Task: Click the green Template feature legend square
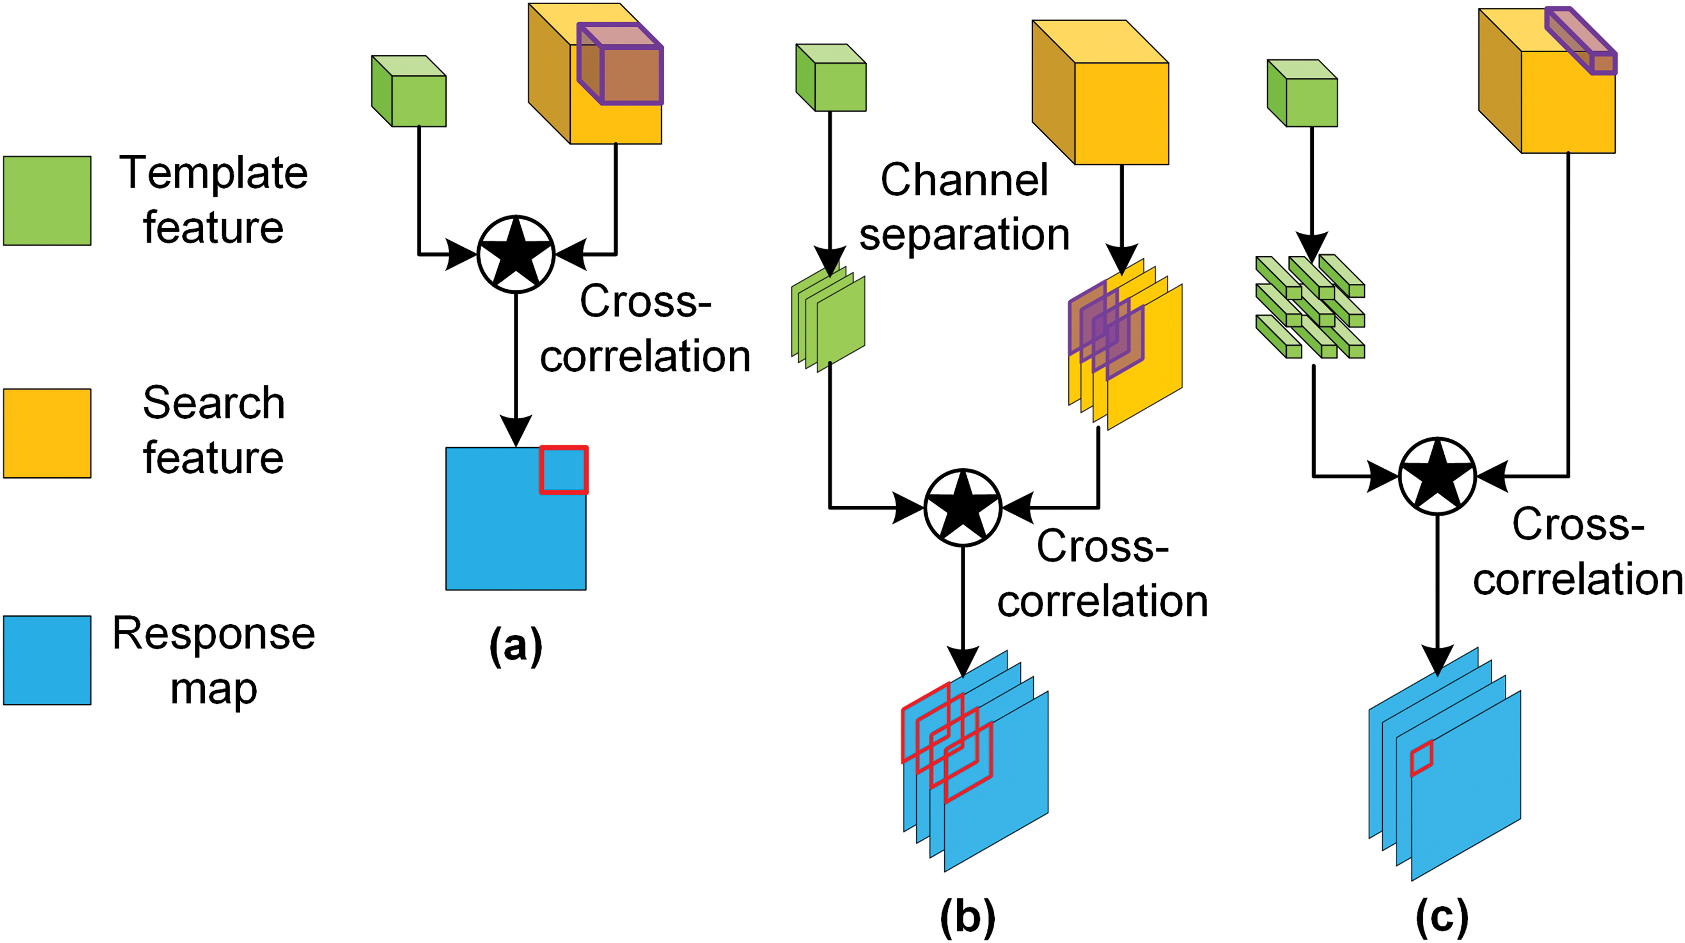[x=47, y=201]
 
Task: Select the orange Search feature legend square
[x=47, y=433]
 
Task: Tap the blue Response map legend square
[x=47, y=660]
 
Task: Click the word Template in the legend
[x=213, y=173]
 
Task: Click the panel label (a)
[x=516, y=646]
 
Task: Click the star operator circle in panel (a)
[x=516, y=254]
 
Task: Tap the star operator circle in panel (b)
[x=963, y=507]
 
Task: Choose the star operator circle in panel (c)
[x=1437, y=476]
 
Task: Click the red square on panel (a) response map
[x=564, y=470]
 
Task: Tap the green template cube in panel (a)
[x=410, y=92]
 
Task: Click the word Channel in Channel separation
[x=964, y=180]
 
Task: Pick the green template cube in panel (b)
[x=831, y=78]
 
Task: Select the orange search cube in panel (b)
[x=1102, y=93]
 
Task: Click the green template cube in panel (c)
[x=1302, y=94]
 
